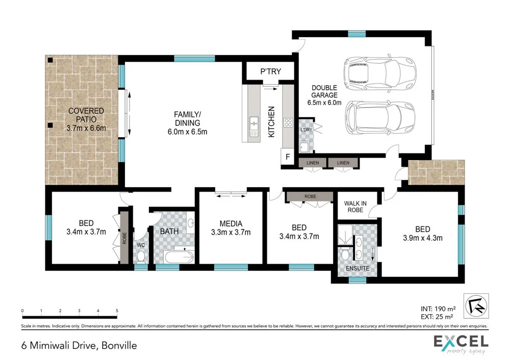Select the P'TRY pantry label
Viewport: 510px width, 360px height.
pos(270,71)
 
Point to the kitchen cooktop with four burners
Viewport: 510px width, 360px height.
pos(288,122)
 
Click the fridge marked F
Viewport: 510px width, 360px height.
pos(288,157)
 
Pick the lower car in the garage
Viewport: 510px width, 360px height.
pos(380,116)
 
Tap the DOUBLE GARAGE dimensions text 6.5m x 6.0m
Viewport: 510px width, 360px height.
pos(324,102)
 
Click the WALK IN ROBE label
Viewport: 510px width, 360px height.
pos(356,204)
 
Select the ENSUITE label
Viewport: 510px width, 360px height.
pos(357,268)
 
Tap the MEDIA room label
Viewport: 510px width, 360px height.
pos(231,223)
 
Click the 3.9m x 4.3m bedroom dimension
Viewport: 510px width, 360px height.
pos(423,237)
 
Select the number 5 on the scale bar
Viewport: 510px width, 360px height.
pos(117,311)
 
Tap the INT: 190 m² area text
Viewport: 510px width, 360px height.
pos(437,308)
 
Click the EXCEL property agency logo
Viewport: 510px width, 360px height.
pos(461,343)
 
